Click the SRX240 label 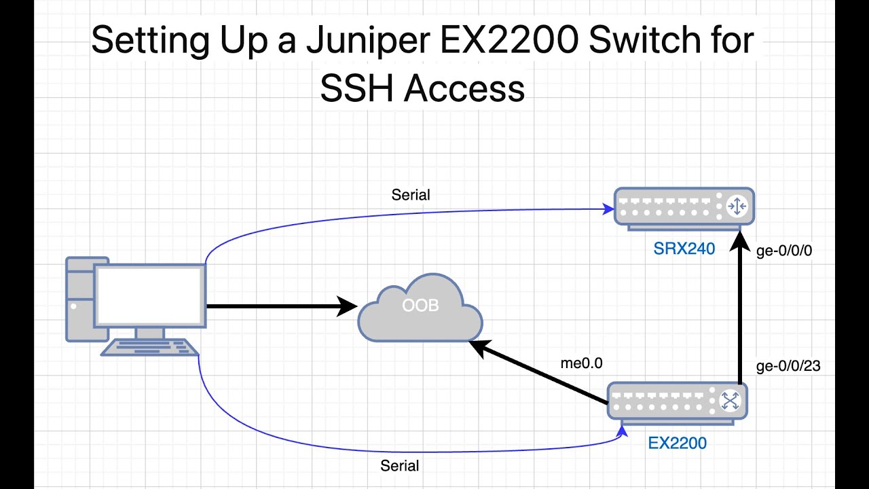(x=684, y=249)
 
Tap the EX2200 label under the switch (x=677, y=443)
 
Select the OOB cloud (x=420, y=309)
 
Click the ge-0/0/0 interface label (x=784, y=251)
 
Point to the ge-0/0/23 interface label (x=788, y=366)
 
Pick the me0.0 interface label (x=582, y=363)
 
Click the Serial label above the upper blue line (x=411, y=195)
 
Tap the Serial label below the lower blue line (x=399, y=466)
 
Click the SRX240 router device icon (x=684, y=206)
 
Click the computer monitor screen (x=150, y=295)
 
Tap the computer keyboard (x=150, y=348)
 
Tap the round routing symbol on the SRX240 (x=737, y=206)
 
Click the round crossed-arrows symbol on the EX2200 (x=730, y=401)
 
